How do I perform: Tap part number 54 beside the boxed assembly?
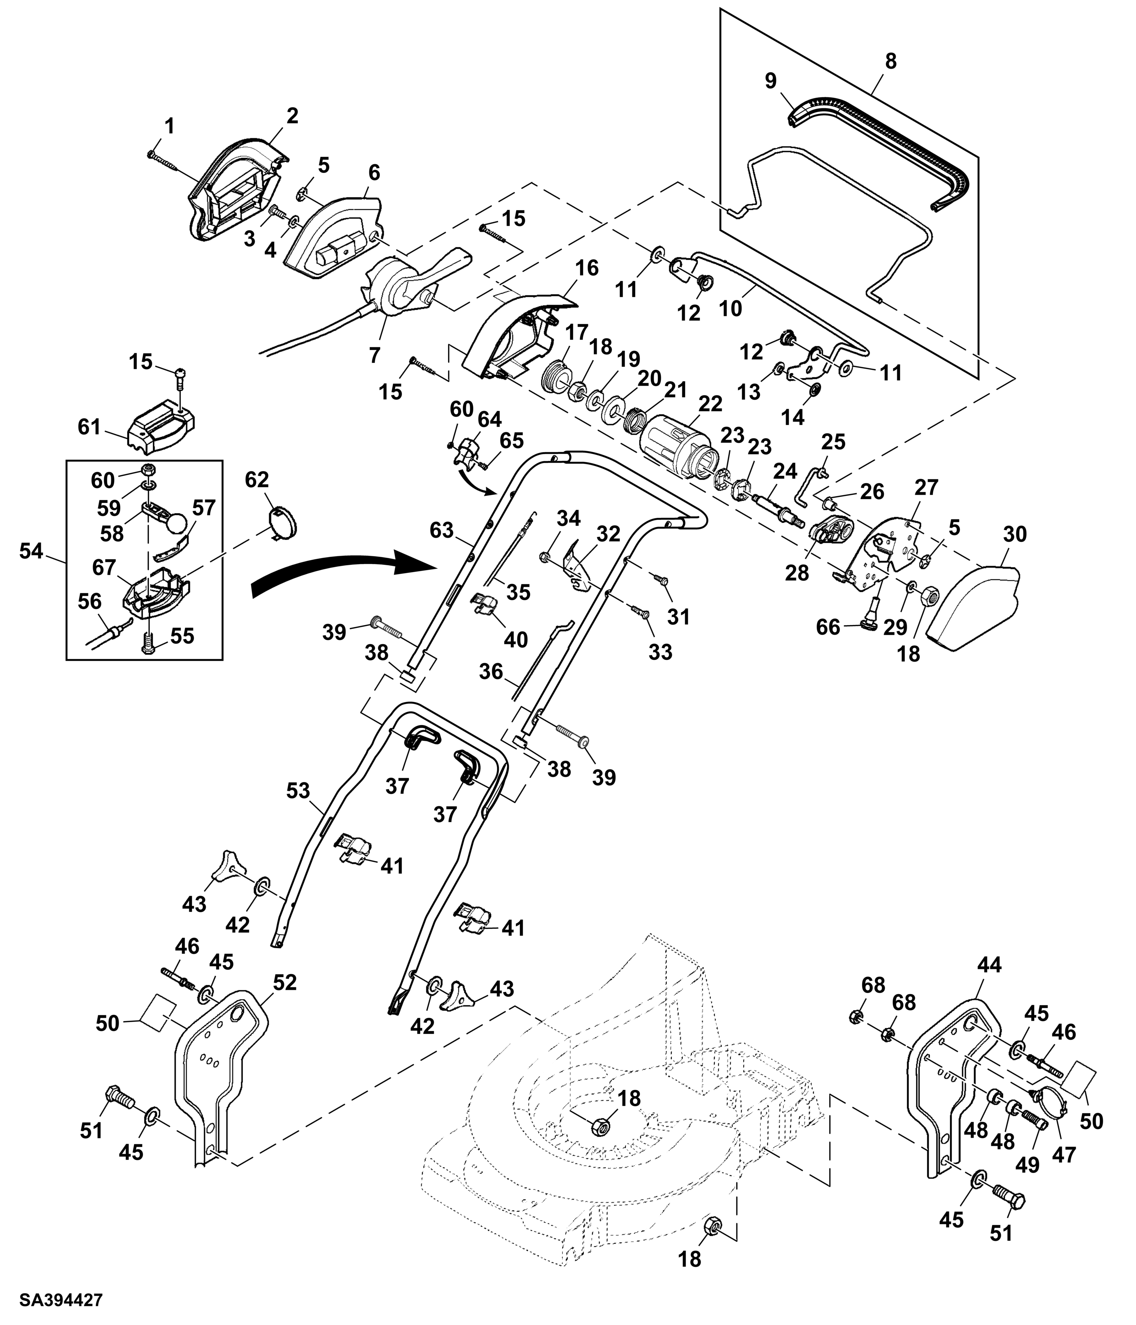click(x=31, y=551)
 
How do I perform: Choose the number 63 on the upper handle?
click(x=441, y=530)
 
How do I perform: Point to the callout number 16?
click(x=587, y=268)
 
